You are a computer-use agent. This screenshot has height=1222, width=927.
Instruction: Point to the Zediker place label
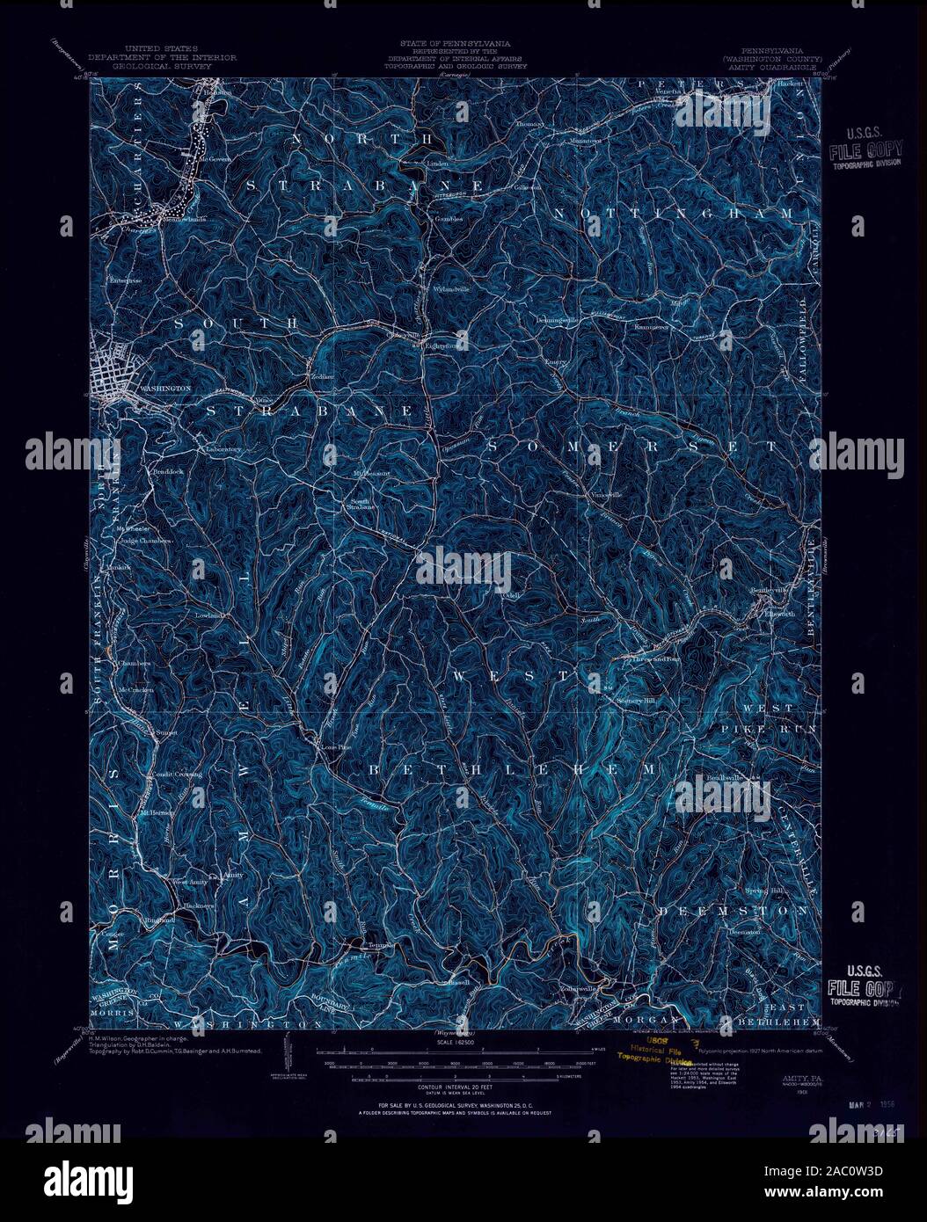319,375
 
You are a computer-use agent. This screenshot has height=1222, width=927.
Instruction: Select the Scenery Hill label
635,701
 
